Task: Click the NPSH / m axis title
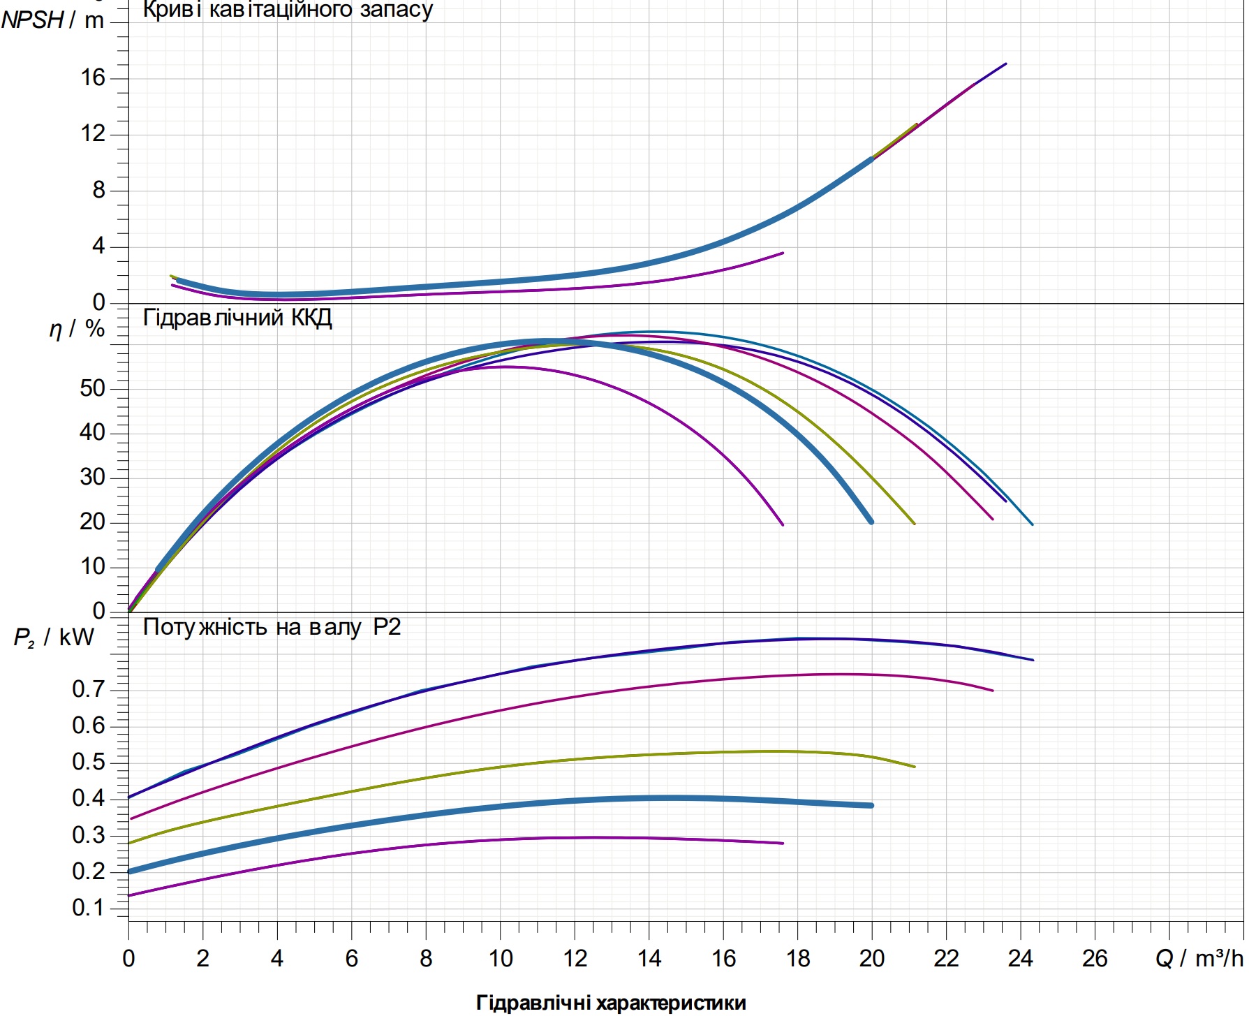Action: point(52,20)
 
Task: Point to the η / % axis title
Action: point(77,329)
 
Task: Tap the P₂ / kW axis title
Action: point(54,638)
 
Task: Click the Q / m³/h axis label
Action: point(1199,958)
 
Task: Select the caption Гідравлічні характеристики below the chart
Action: point(611,1003)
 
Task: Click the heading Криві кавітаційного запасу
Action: point(288,10)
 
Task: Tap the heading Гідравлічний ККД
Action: point(237,318)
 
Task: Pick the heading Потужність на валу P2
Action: point(272,627)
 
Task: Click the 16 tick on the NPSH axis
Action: point(93,78)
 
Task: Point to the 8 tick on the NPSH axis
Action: point(98,190)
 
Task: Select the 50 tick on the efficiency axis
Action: point(92,388)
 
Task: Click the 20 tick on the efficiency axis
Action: point(92,522)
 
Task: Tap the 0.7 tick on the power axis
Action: point(89,689)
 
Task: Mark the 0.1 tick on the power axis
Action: point(89,908)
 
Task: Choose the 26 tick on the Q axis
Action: point(1095,959)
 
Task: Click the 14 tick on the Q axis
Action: point(649,959)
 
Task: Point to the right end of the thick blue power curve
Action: point(871,806)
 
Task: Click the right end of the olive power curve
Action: point(915,767)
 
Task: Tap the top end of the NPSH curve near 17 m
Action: point(1005,64)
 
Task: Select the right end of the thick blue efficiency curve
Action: point(871,522)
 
